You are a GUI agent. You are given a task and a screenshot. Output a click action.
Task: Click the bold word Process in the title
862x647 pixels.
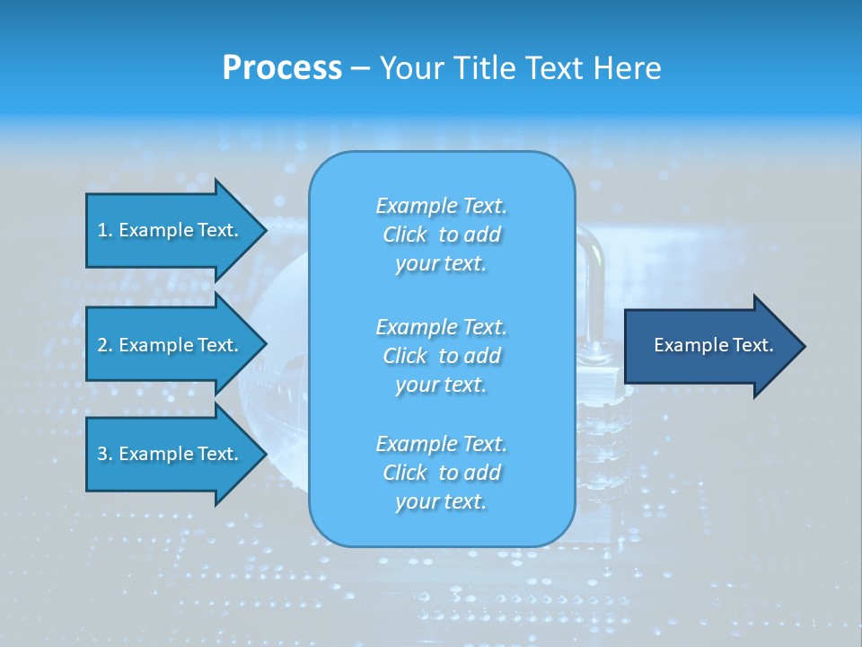tap(282, 68)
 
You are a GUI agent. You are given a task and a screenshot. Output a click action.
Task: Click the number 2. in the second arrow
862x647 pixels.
tap(105, 345)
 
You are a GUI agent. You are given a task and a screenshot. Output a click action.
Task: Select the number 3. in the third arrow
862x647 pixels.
tap(105, 454)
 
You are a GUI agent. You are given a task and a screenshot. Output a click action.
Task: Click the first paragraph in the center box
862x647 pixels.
tap(441, 235)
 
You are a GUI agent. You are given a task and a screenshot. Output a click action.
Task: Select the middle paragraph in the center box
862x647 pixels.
tap(441, 356)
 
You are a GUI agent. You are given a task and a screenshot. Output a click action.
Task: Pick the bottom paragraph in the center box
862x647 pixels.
tap(441, 473)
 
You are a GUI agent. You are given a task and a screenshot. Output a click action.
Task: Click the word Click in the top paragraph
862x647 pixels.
tap(404, 235)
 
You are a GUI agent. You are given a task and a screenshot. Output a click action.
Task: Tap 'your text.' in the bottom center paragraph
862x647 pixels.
tap(441, 501)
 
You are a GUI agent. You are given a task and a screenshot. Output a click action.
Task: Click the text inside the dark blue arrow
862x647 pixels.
tap(713, 345)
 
